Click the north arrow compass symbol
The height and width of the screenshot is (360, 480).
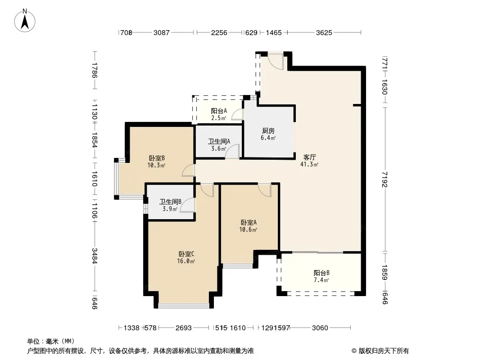pyautogui.click(x=25, y=21)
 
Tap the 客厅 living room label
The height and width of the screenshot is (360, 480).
pyautogui.click(x=309, y=157)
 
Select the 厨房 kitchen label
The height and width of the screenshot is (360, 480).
pyautogui.click(x=268, y=131)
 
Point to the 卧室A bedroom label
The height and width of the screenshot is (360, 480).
pyautogui.click(x=248, y=222)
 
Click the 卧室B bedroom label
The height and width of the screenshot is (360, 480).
pyautogui.click(x=156, y=158)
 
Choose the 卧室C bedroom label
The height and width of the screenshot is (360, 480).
pyautogui.click(x=186, y=254)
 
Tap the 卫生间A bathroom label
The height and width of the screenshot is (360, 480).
pyautogui.click(x=219, y=141)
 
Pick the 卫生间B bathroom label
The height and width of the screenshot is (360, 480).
pyautogui.click(x=170, y=202)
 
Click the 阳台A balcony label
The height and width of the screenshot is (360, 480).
pyautogui.click(x=219, y=111)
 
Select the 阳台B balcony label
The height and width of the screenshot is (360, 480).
pyautogui.click(x=322, y=273)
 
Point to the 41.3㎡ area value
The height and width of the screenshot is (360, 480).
pyautogui.click(x=309, y=165)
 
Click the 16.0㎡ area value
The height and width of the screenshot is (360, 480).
pyautogui.click(x=186, y=261)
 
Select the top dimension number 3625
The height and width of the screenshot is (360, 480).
pyautogui.click(x=324, y=32)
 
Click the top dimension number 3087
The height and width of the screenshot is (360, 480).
pyautogui.click(x=161, y=32)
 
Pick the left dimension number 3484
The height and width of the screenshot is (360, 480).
pyautogui.click(x=95, y=256)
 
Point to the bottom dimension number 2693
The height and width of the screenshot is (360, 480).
pyautogui.click(x=183, y=328)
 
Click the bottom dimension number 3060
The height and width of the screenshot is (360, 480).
pyautogui.click(x=320, y=328)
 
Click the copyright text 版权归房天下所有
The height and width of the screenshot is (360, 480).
pyautogui.click(x=384, y=351)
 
